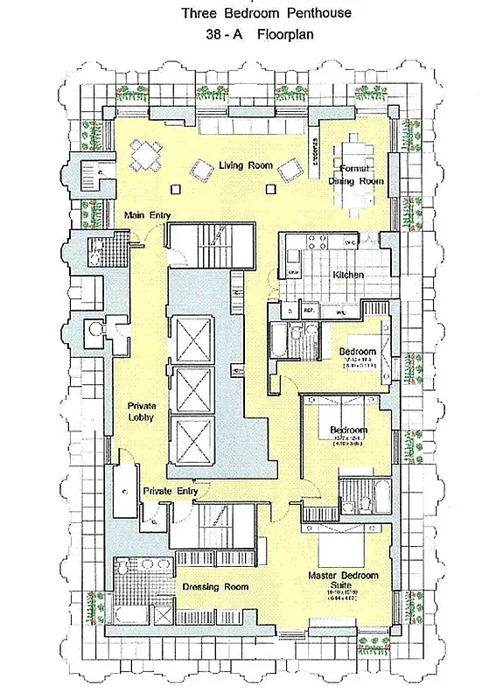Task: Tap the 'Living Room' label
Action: [x=246, y=165]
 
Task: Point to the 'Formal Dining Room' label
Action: [x=356, y=174]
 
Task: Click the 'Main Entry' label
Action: [x=147, y=215]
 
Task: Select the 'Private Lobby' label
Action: [x=142, y=413]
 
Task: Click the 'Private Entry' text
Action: [x=170, y=491]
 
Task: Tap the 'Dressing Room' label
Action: [x=214, y=586]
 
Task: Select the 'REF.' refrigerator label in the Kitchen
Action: [x=309, y=310]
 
